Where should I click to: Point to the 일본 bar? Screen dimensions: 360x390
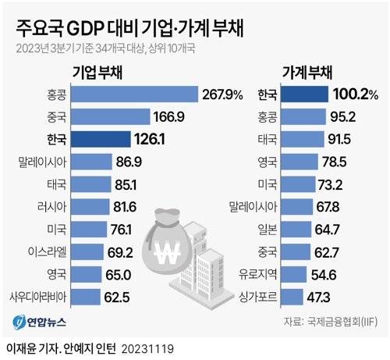(x=307, y=230)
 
